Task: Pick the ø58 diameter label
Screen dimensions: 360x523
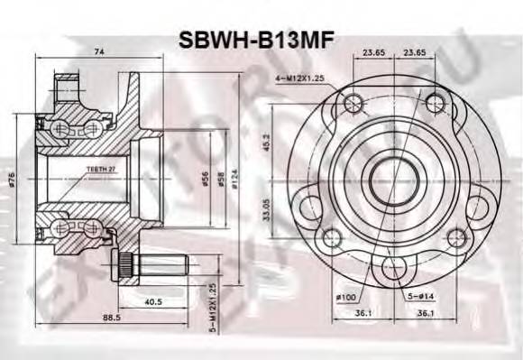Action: [x=222, y=178]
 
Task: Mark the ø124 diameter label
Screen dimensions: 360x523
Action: [x=236, y=178]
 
